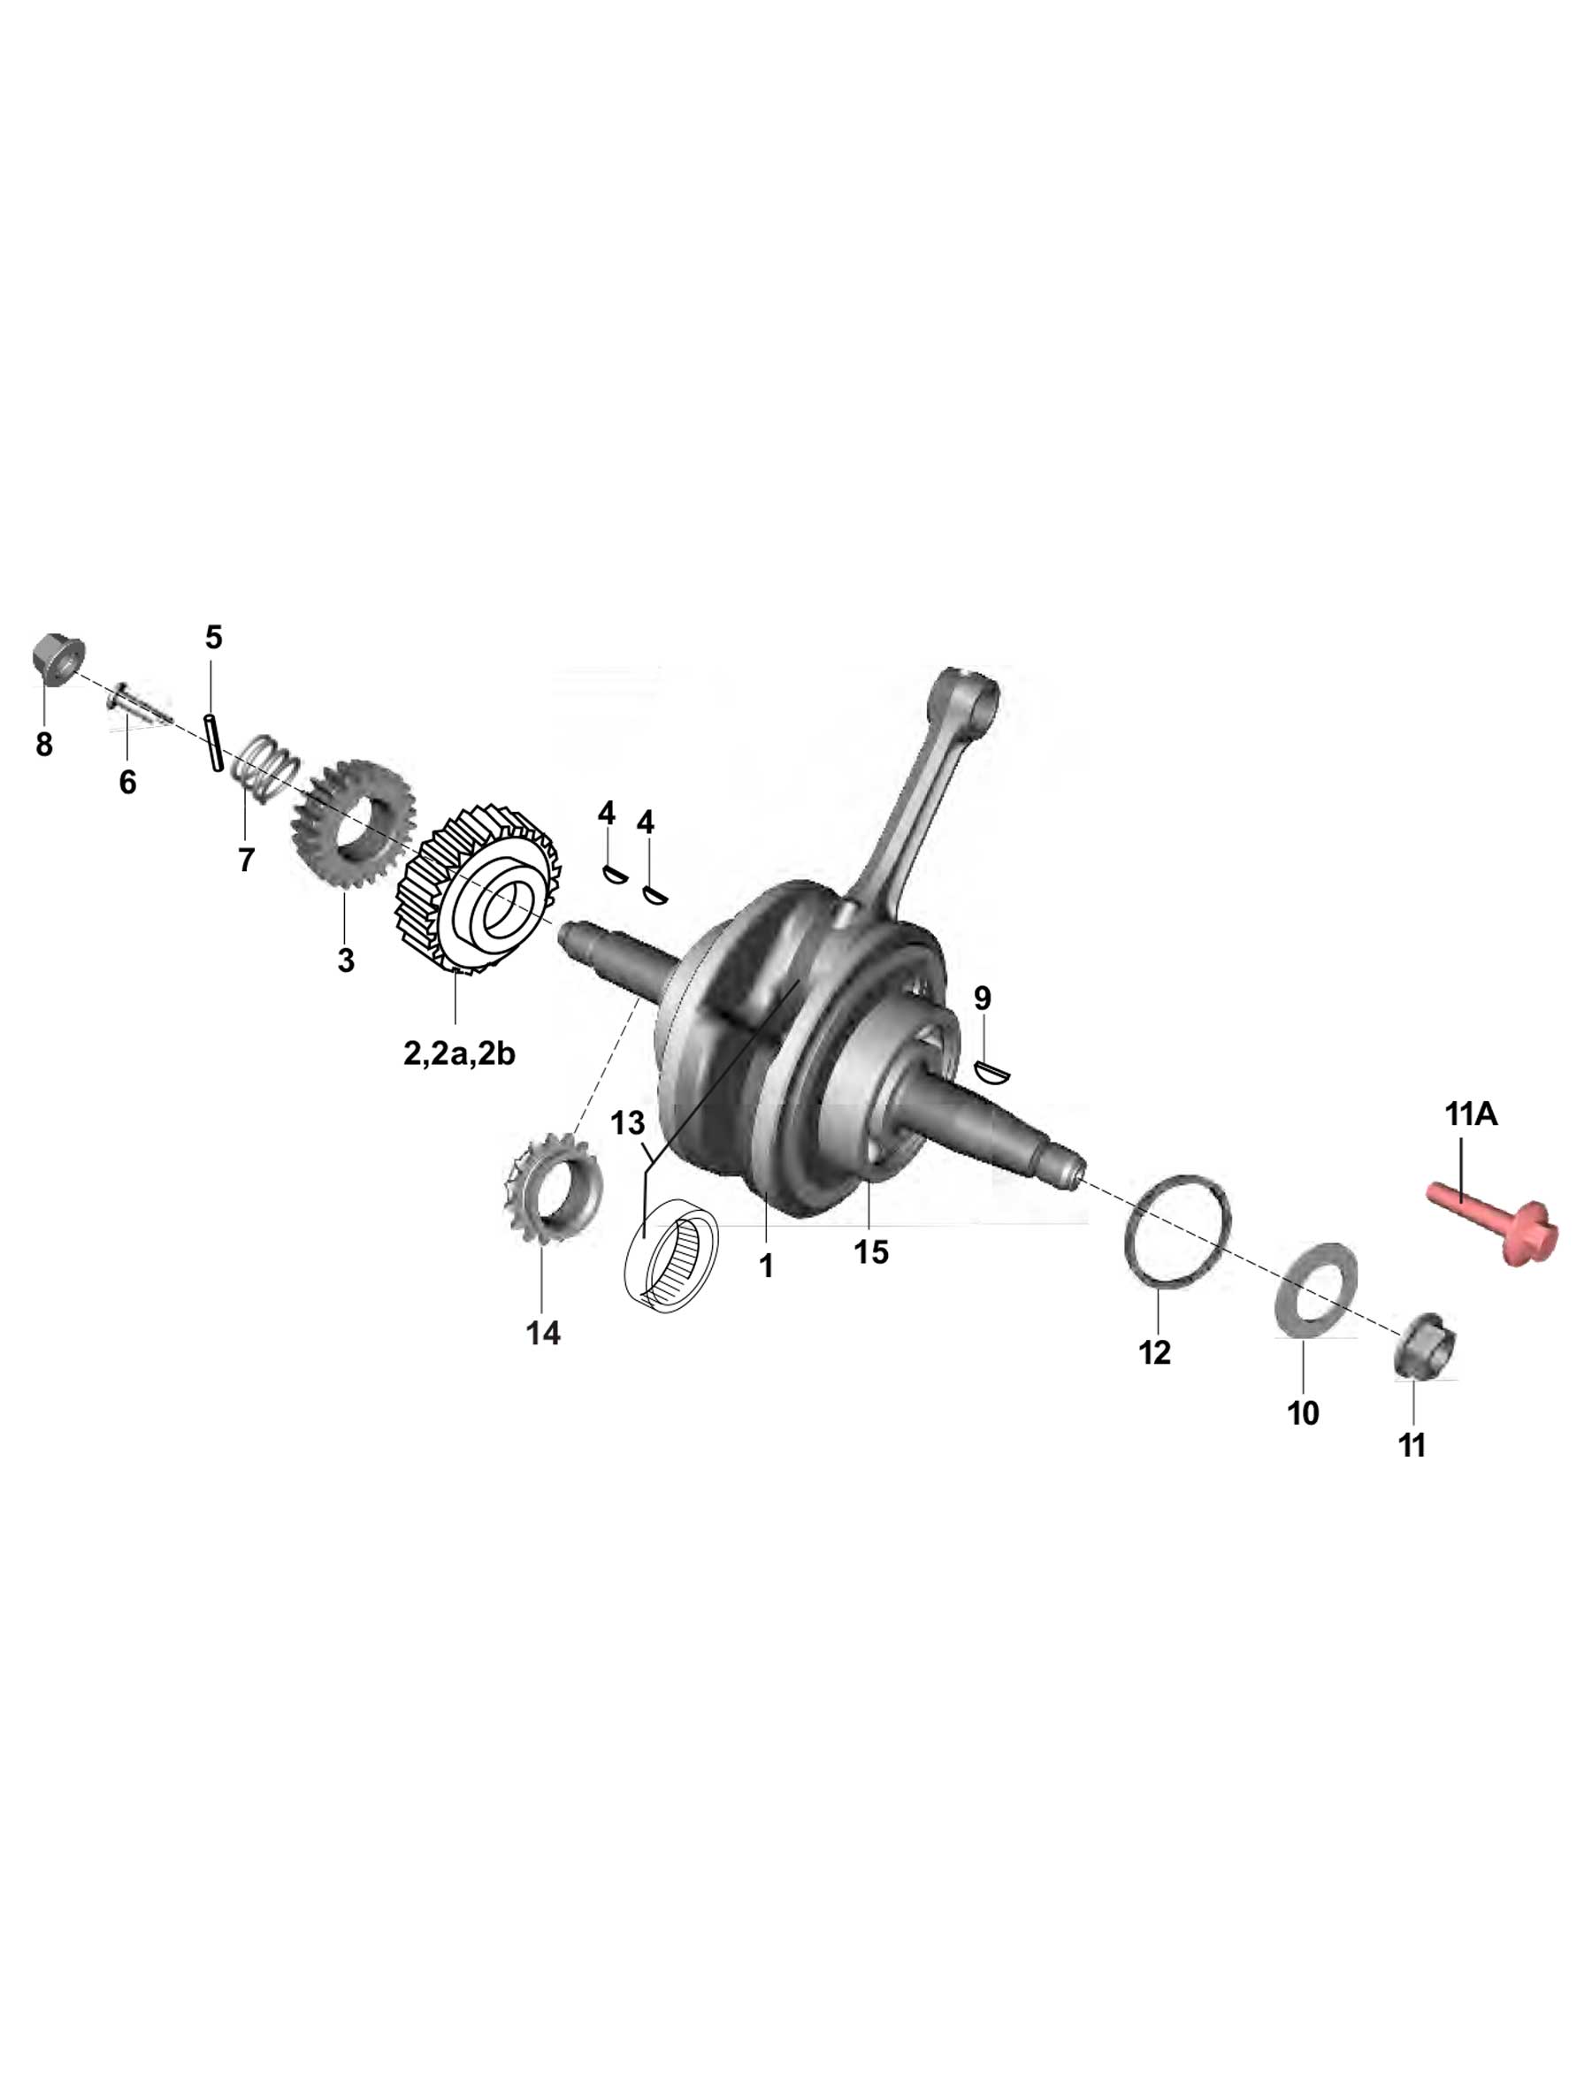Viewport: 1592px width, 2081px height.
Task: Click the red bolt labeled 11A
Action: tap(1489, 1221)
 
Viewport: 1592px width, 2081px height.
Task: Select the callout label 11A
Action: tap(1471, 1114)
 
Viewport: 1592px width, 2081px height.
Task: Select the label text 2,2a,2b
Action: tap(459, 1052)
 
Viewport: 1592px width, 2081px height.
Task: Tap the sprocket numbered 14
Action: tap(550, 1185)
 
